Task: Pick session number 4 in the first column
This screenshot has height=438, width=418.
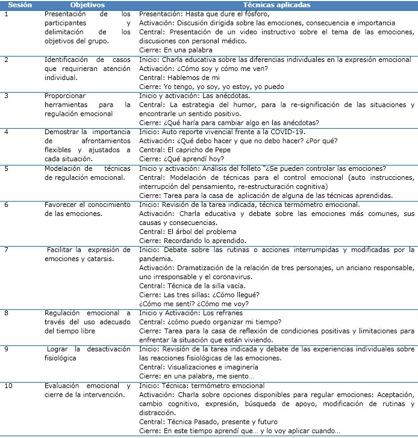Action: pyautogui.click(x=7, y=131)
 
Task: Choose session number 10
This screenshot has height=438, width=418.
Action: pyautogui.click(x=8, y=384)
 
